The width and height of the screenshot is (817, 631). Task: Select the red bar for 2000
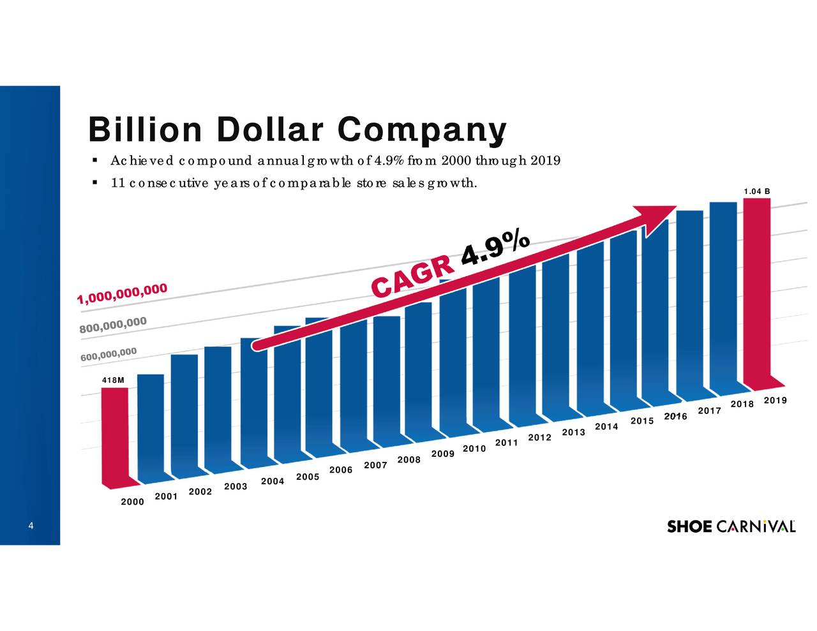(x=115, y=434)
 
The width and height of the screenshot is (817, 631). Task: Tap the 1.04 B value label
(x=757, y=191)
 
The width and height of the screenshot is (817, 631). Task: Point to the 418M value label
(x=113, y=380)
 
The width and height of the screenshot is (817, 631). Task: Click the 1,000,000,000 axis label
(x=123, y=294)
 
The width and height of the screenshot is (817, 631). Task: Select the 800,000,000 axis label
(x=113, y=325)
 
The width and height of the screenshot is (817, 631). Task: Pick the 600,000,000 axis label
(x=109, y=354)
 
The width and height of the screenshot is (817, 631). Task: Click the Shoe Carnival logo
(x=731, y=526)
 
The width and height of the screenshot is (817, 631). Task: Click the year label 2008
(x=408, y=459)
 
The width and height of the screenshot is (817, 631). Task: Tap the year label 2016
(x=675, y=417)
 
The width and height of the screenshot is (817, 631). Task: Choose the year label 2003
(x=236, y=487)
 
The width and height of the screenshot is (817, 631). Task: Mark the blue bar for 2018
(x=723, y=293)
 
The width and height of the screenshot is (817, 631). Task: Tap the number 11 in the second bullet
(x=117, y=184)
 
